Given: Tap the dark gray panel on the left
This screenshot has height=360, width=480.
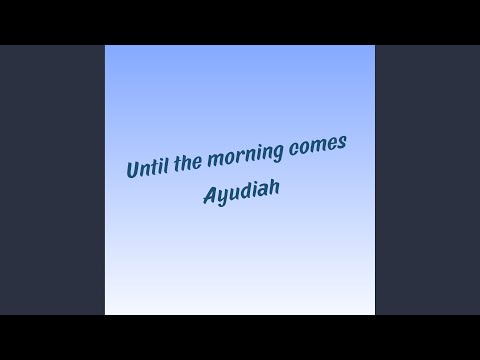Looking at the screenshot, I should [52, 180].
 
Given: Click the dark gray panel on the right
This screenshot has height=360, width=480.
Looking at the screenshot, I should [427, 180].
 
